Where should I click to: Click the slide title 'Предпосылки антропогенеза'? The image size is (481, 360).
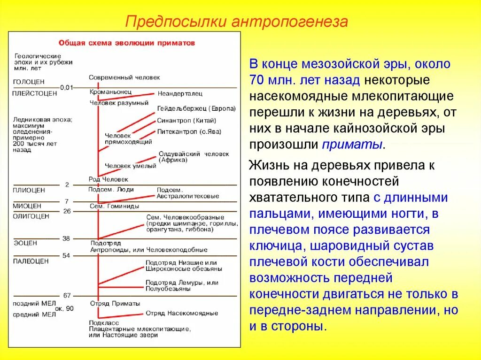click(x=237, y=22)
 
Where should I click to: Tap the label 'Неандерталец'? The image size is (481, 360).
click(x=179, y=92)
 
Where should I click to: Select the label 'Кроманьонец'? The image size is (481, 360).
click(x=110, y=92)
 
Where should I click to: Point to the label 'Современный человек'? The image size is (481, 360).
click(x=124, y=77)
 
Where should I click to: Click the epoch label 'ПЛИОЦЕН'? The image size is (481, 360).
click(x=29, y=190)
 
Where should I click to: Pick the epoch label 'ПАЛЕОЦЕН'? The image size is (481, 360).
click(x=31, y=261)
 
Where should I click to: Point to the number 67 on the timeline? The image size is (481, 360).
click(x=67, y=296)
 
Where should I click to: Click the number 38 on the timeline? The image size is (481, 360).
click(x=66, y=238)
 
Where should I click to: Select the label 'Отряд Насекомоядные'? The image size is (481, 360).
click(x=181, y=313)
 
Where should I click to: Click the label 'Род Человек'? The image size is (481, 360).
click(x=108, y=179)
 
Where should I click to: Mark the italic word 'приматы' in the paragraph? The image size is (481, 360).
click(x=352, y=144)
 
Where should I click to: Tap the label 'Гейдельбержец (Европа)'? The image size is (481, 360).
click(x=196, y=108)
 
